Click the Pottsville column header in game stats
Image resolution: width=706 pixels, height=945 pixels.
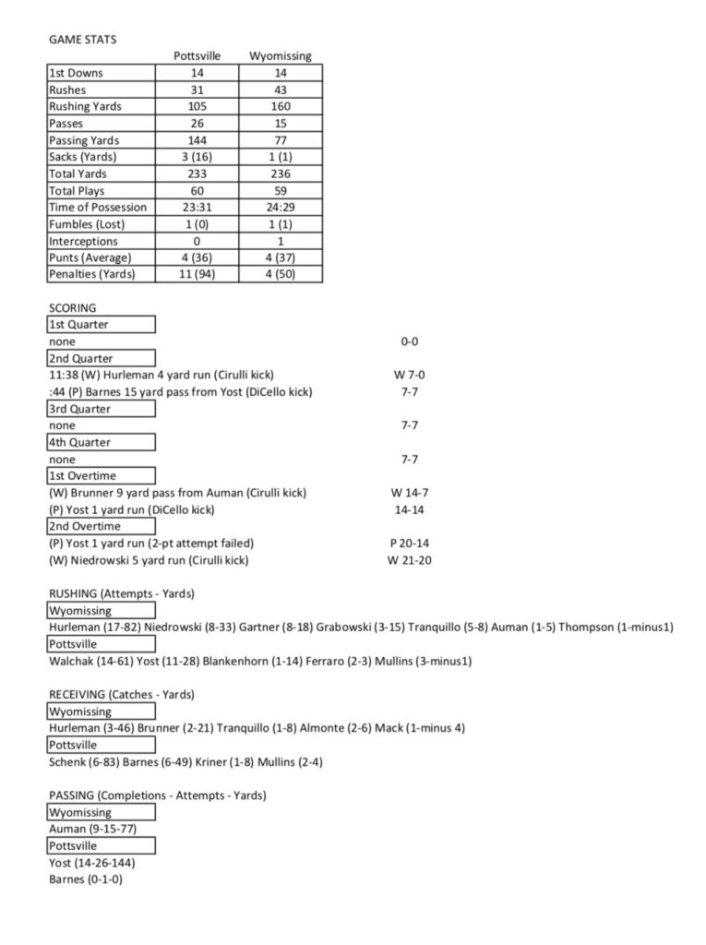[197, 56]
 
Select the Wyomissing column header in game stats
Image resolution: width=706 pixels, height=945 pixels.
[280, 56]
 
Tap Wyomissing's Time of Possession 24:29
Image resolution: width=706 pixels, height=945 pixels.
[280, 208]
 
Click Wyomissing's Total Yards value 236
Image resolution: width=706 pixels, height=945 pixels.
[280, 173]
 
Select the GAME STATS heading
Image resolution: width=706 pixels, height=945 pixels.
[82, 40]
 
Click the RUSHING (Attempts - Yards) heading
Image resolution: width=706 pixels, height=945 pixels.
[121, 594]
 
